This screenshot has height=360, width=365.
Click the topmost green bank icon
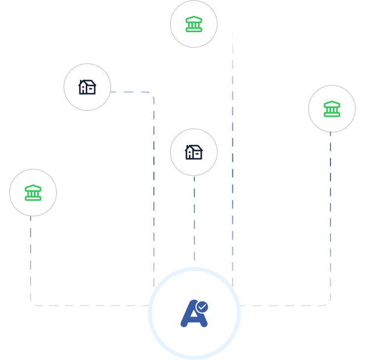pos(194,24)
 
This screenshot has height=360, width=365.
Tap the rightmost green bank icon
pos(332,108)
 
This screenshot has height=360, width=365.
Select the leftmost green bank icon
pos(33,192)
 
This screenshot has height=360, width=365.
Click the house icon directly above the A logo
pos(194,152)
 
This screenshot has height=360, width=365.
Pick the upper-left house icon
pos(87,87)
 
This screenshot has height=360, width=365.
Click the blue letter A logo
pos(192,314)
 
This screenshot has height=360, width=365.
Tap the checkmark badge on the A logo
pos(202,307)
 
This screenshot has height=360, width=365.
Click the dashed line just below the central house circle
pos(194,217)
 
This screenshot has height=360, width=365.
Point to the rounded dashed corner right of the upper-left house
pos(151,95)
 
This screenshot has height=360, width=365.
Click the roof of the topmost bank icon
pos(194,19)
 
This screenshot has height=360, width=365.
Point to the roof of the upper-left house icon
pos(88,82)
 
